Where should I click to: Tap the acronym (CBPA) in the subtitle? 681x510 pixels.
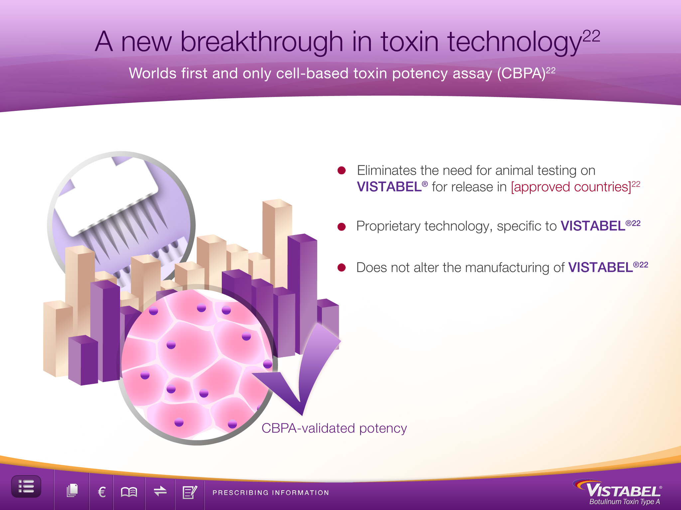tap(521, 73)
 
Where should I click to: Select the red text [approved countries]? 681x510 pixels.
tap(571, 187)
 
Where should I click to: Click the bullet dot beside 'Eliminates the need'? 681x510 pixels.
tap(341, 170)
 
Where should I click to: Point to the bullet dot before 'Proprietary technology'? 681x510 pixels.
tap(341, 226)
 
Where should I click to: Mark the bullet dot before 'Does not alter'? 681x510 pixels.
tap(341, 267)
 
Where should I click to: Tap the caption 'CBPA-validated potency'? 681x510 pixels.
tap(334, 428)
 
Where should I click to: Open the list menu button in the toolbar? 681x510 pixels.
tap(26, 486)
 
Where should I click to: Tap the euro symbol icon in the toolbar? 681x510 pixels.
tap(102, 492)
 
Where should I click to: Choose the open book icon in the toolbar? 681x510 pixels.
tap(129, 492)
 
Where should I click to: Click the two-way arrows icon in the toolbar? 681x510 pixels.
tap(160, 491)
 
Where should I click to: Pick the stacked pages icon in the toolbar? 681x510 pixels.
tap(72, 490)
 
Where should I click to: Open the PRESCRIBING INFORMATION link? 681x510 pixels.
tap(271, 493)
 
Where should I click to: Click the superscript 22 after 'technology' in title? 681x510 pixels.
tap(592, 36)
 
